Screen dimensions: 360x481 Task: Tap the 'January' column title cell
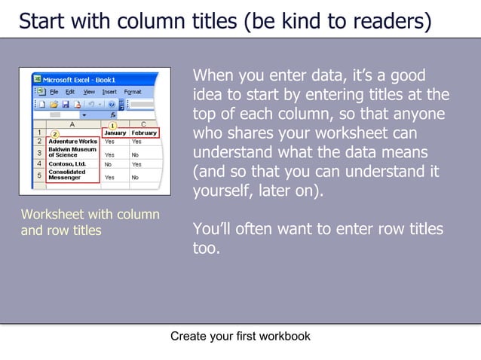(114, 133)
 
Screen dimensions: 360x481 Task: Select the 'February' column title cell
(143, 133)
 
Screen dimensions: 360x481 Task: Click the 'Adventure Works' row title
(72, 141)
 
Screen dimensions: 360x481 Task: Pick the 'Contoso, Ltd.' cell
(67, 163)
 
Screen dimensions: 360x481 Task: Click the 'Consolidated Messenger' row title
(67, 175)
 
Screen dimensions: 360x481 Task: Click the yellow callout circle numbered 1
(113, 126)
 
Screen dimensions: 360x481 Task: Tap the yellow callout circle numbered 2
(55, 134)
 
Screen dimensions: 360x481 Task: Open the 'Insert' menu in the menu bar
(110, 91)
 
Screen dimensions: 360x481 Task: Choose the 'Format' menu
(133, 91)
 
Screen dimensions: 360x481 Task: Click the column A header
(72, 124)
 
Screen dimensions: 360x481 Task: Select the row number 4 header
(38, 163)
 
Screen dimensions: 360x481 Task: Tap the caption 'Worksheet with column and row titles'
(90, 222)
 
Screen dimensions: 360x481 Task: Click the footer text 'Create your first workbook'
(240, 336)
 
